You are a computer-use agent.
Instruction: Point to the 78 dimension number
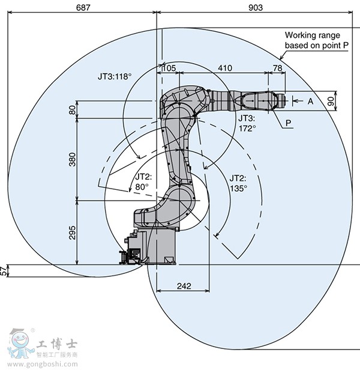(277, 68)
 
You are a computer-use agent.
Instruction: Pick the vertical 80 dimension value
(73, 110)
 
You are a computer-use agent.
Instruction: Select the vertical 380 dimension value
(73, 159)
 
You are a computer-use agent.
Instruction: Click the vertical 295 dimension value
(73, 232)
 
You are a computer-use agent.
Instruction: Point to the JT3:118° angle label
(115, 77)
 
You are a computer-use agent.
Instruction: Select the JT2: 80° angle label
(142, 181)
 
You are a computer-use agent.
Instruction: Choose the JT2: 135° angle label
(239, 182)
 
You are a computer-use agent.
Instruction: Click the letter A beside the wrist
(310, 102)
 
